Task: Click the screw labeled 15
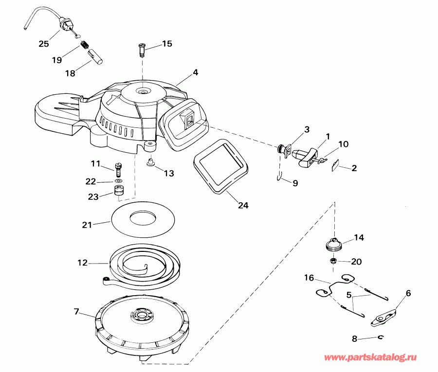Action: coord(141,49)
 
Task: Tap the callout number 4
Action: coord(195,72)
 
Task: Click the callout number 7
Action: coord(76,311)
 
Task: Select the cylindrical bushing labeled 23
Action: coord(118,190)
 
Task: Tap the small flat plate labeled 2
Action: coord(334,166)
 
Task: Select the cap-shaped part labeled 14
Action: coord(334,243)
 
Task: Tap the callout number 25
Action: coord(44,44)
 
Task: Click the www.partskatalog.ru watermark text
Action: coord(370,358)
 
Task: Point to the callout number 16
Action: coord(309,278)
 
